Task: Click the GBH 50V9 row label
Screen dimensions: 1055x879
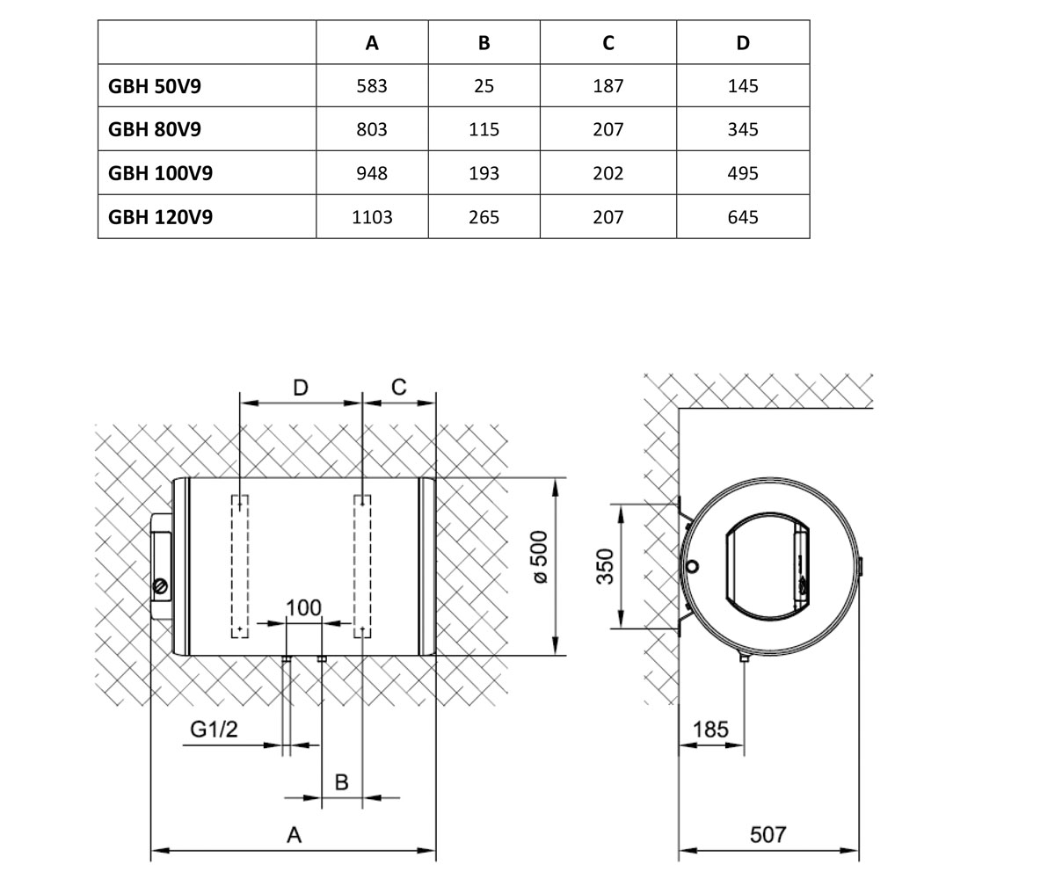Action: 154,86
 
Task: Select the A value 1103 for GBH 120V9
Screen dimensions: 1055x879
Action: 372,217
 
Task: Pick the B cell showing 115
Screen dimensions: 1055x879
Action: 484,129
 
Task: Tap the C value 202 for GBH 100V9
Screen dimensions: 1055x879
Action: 608,173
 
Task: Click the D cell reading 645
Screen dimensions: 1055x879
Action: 743,217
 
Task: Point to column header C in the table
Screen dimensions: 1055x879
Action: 608,43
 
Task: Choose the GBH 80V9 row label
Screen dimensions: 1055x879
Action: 154,129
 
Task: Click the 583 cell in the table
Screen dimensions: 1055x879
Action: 372,86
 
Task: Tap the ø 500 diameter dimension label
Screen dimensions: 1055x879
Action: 540,557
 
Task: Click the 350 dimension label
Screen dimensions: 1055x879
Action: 605,566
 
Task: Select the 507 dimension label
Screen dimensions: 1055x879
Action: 768,834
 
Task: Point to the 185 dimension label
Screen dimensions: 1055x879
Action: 710,730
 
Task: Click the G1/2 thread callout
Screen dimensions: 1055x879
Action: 214,729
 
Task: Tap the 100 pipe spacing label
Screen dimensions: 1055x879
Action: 303,607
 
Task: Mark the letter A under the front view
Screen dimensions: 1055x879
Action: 294,834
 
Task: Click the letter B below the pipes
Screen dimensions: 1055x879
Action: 342,782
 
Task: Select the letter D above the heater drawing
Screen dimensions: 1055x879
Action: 301,388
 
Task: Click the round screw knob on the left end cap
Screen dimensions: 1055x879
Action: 161,586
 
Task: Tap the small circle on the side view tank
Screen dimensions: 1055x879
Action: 693,566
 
